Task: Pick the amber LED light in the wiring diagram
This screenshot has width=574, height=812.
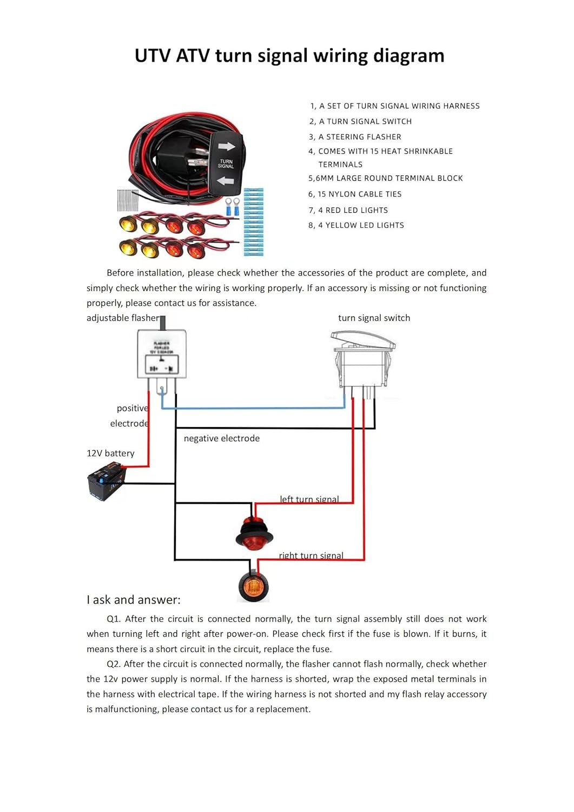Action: coord(253,585)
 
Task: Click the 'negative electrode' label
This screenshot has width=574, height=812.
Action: coord(221,438)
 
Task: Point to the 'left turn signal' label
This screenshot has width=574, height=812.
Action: coord(309,499)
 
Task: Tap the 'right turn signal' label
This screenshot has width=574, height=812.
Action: coord(311,555)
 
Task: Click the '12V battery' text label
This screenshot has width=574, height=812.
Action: coord(110,453)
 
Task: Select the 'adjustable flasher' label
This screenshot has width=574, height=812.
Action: coord(123,318)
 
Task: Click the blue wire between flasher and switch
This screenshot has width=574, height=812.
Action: coord(254,408)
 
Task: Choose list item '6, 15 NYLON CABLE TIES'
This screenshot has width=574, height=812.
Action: coord(355,194)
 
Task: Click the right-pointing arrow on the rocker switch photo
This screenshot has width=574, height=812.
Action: coord(227,146)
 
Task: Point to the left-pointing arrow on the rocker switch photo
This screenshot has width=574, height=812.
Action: coord(226,180)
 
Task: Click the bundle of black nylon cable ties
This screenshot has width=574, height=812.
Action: coord(128,200)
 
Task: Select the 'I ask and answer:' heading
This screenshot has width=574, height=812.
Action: coord(134,600)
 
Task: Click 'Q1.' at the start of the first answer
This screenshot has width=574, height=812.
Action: coord(114,619)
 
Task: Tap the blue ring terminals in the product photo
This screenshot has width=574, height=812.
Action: coord(233,207)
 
